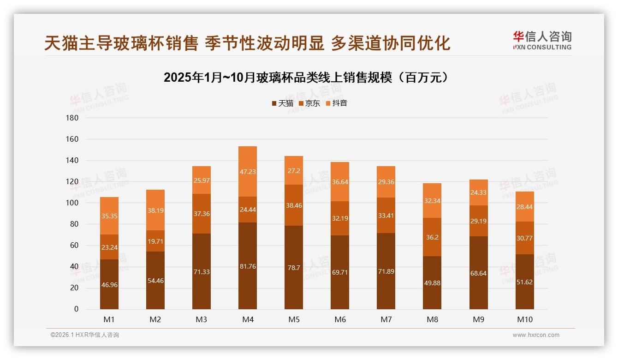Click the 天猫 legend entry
coord(282,103)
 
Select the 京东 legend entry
coord(309,103)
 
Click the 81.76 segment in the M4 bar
coord(248,265)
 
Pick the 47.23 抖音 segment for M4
coord(248,172)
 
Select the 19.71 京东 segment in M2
coord(155,241)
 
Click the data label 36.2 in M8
coord(432,237)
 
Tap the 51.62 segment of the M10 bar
coord(524,282)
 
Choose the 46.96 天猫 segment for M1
coord(109,285)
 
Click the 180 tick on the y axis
coord(73,118)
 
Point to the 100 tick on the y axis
coord(73,203)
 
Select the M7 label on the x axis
coord(386,319)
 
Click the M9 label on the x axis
coord(478,319)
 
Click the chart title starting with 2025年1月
coord(306,78)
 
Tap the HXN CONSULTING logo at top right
coord(542,41)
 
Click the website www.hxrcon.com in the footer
coord(536,335)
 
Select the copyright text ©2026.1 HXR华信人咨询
coord(85,335)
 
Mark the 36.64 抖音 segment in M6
coord(340,182)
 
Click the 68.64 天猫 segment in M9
coord(478,273)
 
